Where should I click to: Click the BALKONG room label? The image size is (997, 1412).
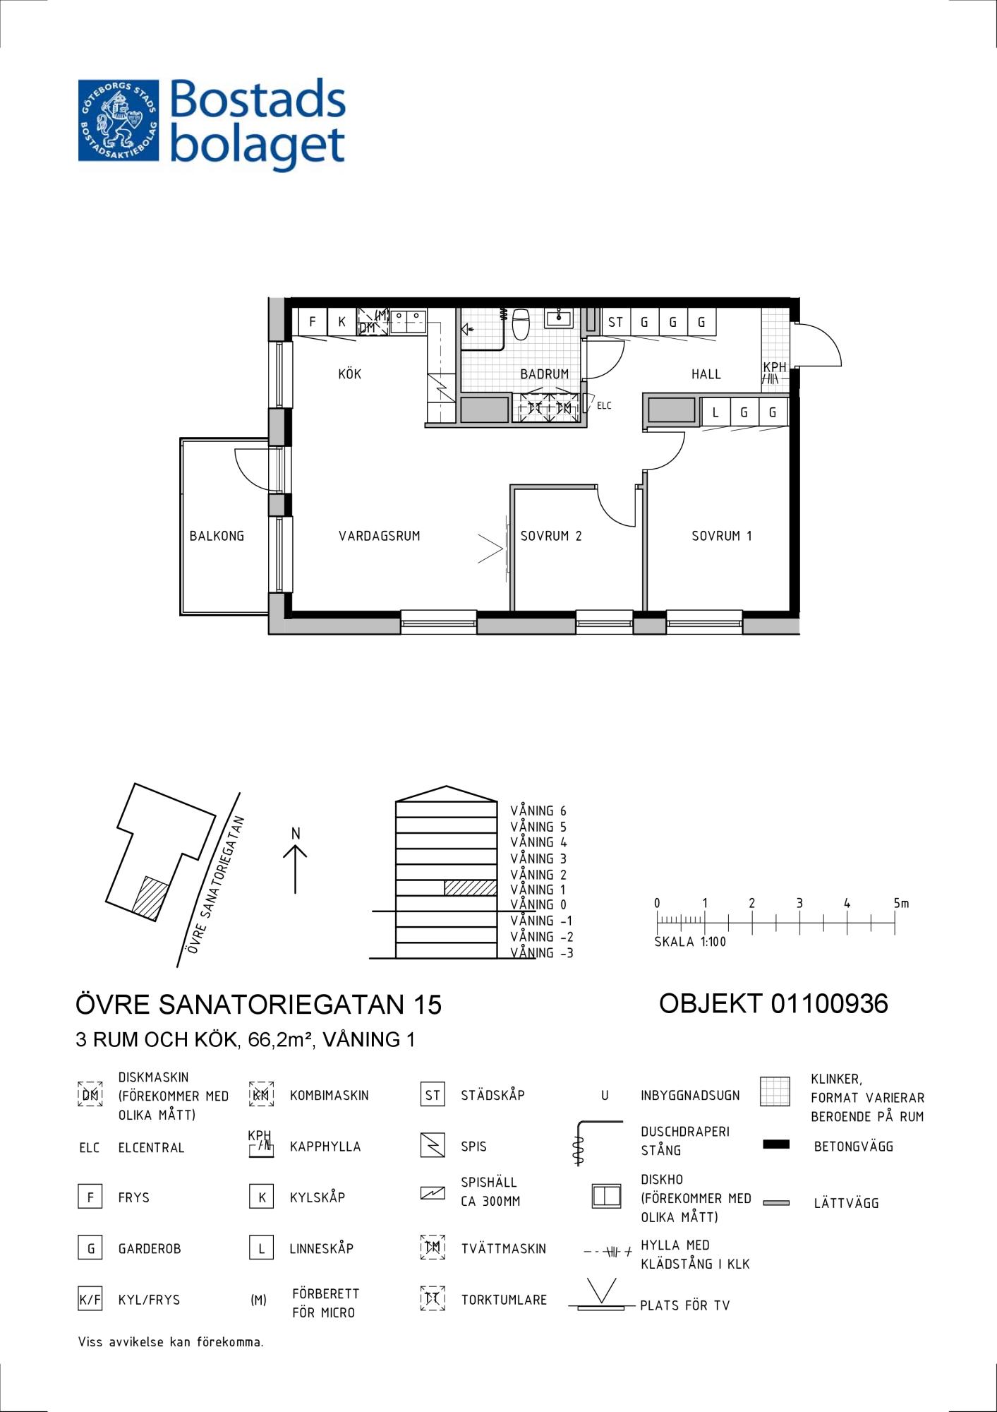217,536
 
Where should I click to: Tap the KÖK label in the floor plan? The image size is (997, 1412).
349,373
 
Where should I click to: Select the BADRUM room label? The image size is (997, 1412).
544,374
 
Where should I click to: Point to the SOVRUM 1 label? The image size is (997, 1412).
721,536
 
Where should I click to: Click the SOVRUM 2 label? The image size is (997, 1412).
551,536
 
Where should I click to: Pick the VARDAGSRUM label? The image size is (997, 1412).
379,536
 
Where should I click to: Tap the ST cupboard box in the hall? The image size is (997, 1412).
615,322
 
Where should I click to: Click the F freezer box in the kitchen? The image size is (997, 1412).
312,322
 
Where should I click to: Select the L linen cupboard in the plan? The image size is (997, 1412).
715,412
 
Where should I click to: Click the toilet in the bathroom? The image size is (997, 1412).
521,323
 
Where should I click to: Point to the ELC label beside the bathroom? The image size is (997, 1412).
604,406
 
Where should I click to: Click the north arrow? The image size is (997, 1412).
295,869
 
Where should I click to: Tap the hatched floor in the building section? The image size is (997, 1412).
471,888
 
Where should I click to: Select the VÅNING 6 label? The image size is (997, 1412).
538,811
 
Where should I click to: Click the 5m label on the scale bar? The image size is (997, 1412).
901,903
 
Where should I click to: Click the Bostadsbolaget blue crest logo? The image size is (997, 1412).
119,120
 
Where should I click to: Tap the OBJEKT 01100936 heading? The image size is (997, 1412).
773,1003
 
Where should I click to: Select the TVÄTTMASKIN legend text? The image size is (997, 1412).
504,1249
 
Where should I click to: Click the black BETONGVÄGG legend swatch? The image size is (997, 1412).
776,1144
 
